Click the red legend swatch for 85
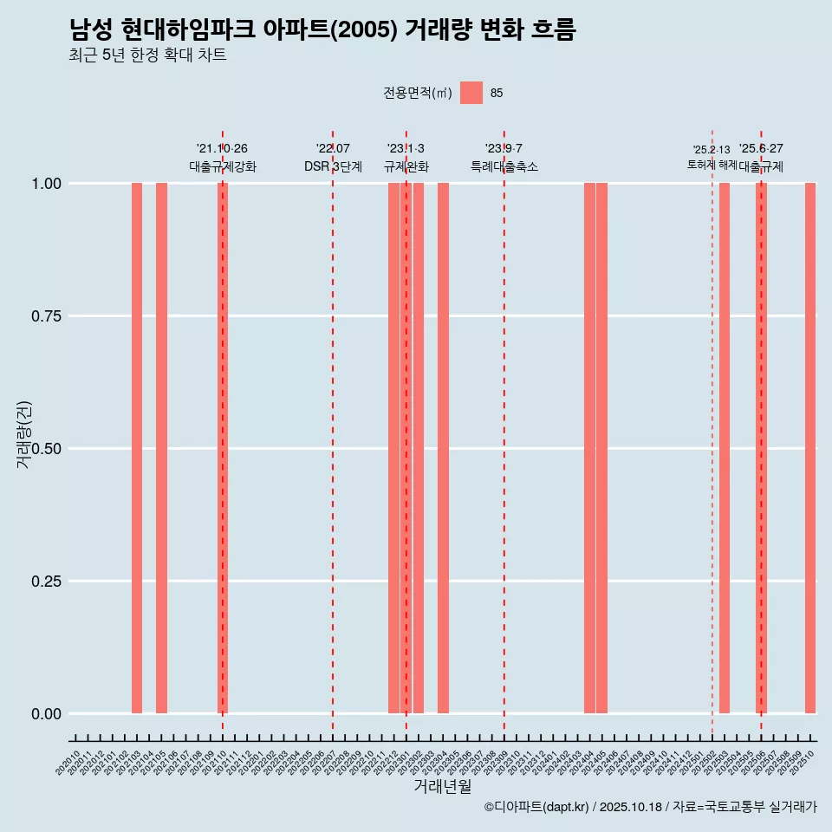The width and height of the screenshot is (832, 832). tap(471, 93)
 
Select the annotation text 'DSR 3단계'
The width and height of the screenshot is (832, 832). tap(333, 166)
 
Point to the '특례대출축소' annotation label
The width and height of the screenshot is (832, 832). tap(504, 166)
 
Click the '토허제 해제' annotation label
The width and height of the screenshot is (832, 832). tap(712, 165)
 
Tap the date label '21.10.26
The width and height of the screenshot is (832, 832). tap(222, 148)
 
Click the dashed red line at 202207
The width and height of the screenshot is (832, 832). tap(333, 433)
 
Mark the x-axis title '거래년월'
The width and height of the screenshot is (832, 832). tap(442, 786)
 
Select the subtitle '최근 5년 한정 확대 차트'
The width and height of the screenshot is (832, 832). tap(148, 55)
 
